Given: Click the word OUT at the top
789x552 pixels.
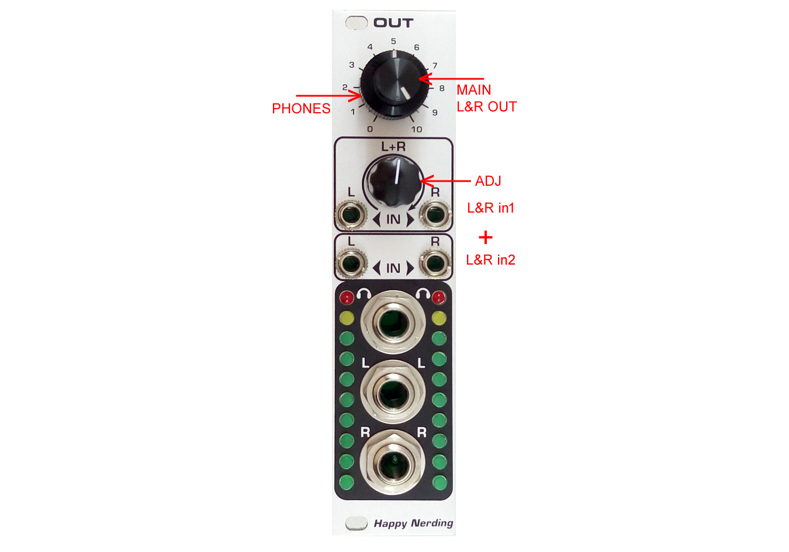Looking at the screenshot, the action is pyautogui.click(x=393, y=23).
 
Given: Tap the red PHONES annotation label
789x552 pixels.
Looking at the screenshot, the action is pyautogui.click(x=301, y=109).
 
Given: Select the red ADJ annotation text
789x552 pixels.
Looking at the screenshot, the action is pyautogui.click(x=488, y=181).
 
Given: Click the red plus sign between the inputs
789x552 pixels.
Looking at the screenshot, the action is pyautogui.click(x=485, y=237).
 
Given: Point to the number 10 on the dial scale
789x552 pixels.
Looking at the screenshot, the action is pyautogui.click(x=417, y=130).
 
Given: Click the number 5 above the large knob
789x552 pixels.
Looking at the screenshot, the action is pyautogui.click(x=393, y=41).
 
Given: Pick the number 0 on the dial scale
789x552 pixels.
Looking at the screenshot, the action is pyautogui.click(x=370, y=129).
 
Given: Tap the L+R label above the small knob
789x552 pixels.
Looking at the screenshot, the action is pyautogui.click(x=393, y=147).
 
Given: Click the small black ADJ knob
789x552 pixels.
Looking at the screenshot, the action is pyautogui.click(x=393, y=182).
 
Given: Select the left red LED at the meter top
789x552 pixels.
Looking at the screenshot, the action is pyautogui.click(x=347, y=298).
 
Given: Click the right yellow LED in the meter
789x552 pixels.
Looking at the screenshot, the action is pyautogui.click(x=439, y=318).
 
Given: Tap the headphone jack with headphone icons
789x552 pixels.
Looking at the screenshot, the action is pyautogui.click(x=393, y=322).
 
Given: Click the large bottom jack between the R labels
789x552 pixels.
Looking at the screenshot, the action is pyautogui.click(x=393, y=462).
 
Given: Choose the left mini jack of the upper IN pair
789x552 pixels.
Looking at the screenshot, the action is pyautogui.click(x=351, y=214).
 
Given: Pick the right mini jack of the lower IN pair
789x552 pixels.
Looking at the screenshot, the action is pyautogui.click(x=435, y=263).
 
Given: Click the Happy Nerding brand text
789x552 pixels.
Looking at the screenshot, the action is pyautogui.click(x=414, y=523).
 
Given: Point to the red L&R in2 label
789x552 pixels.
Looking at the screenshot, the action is pyautogui.click(x=491, y=260).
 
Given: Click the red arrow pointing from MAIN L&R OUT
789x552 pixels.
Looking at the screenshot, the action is pyautogui.click(x=452, y=78).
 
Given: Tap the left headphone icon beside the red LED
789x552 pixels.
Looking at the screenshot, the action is pyautogui.click(x=364, y=294).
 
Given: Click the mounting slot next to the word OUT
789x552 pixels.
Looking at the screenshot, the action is pyautogui.click(x=357, y=23).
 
